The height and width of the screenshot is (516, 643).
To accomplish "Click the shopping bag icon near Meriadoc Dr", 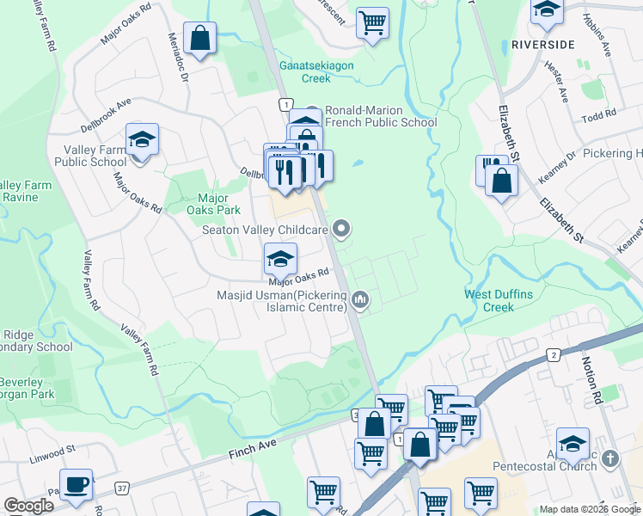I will tap(199, 39).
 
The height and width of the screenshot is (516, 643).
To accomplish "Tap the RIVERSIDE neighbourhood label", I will tap(542, 44).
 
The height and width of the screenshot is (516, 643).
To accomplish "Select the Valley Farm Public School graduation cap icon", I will tap(142, 141).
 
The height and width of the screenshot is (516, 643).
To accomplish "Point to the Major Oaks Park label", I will tap(213, 203).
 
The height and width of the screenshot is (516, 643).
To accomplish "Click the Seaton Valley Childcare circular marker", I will tap(342, 229).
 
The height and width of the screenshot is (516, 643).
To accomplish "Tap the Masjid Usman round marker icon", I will tap(361, 299).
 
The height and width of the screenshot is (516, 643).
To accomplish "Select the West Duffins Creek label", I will tap(499, 300).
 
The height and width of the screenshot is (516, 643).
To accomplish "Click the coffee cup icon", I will tap(76, 485).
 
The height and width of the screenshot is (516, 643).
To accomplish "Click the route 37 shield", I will tap(123, 488).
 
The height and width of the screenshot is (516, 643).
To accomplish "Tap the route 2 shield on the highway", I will tap(554, 354).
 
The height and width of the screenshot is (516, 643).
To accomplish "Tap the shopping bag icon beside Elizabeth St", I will tap(501, 181).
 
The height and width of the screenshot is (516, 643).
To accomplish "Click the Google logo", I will tap(28, 506).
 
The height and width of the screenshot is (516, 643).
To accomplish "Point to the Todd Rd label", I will tap(598, 115).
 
